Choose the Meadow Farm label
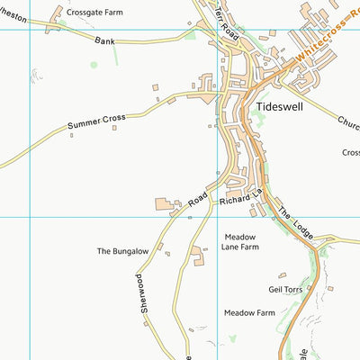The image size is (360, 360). tap(249, 313)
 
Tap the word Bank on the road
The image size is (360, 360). tap(107, 40)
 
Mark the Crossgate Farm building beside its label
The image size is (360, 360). tap(61, 13)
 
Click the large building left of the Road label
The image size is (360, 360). tap(166, 205)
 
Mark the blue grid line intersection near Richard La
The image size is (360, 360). tap(217, 217)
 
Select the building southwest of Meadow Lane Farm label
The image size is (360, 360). tap(197, 260)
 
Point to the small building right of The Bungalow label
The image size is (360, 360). tap(167, 254)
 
